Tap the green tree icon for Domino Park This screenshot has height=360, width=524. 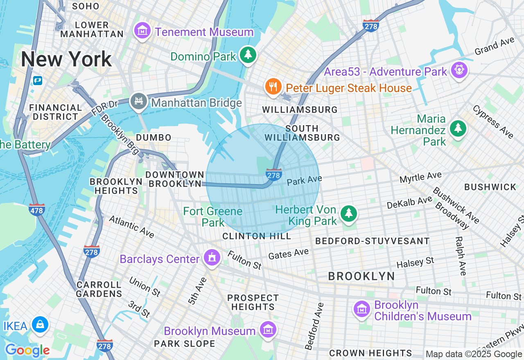[248, 55]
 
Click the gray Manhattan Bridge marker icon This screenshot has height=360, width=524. [139, 101]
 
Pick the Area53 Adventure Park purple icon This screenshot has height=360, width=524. [459, 70]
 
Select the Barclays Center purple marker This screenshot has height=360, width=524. [212, 258]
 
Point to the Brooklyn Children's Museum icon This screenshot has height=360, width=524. [362, 309]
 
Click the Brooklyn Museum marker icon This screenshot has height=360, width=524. [268, 330]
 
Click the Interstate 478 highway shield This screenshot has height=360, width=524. [37, 210]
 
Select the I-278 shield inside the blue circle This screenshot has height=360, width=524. [273, 175]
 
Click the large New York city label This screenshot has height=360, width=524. [66, 59]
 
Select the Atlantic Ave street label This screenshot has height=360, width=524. [131, 227]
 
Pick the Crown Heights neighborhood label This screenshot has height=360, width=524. [370, 353]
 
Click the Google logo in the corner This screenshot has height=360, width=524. [27, 350]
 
